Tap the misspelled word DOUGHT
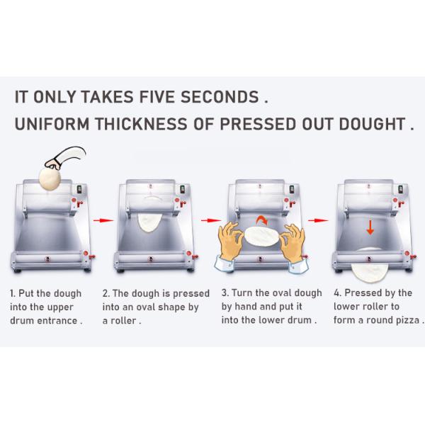coord(372,124)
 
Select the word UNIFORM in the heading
coord(52,124)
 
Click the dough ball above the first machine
coord(50,178)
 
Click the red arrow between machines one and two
coord(103,220)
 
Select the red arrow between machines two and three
coord(211,220)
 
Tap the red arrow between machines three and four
coord(318,220)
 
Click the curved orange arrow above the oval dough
coord(262,218)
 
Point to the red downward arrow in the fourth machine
coord(370,227)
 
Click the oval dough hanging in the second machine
coord(150,222)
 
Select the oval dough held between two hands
coord(261,237)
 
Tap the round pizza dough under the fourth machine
coord(370,268)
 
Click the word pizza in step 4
coord(407,320)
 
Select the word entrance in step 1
coord(57,321)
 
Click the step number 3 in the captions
coord(224,293)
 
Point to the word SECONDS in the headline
coord(220,97)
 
